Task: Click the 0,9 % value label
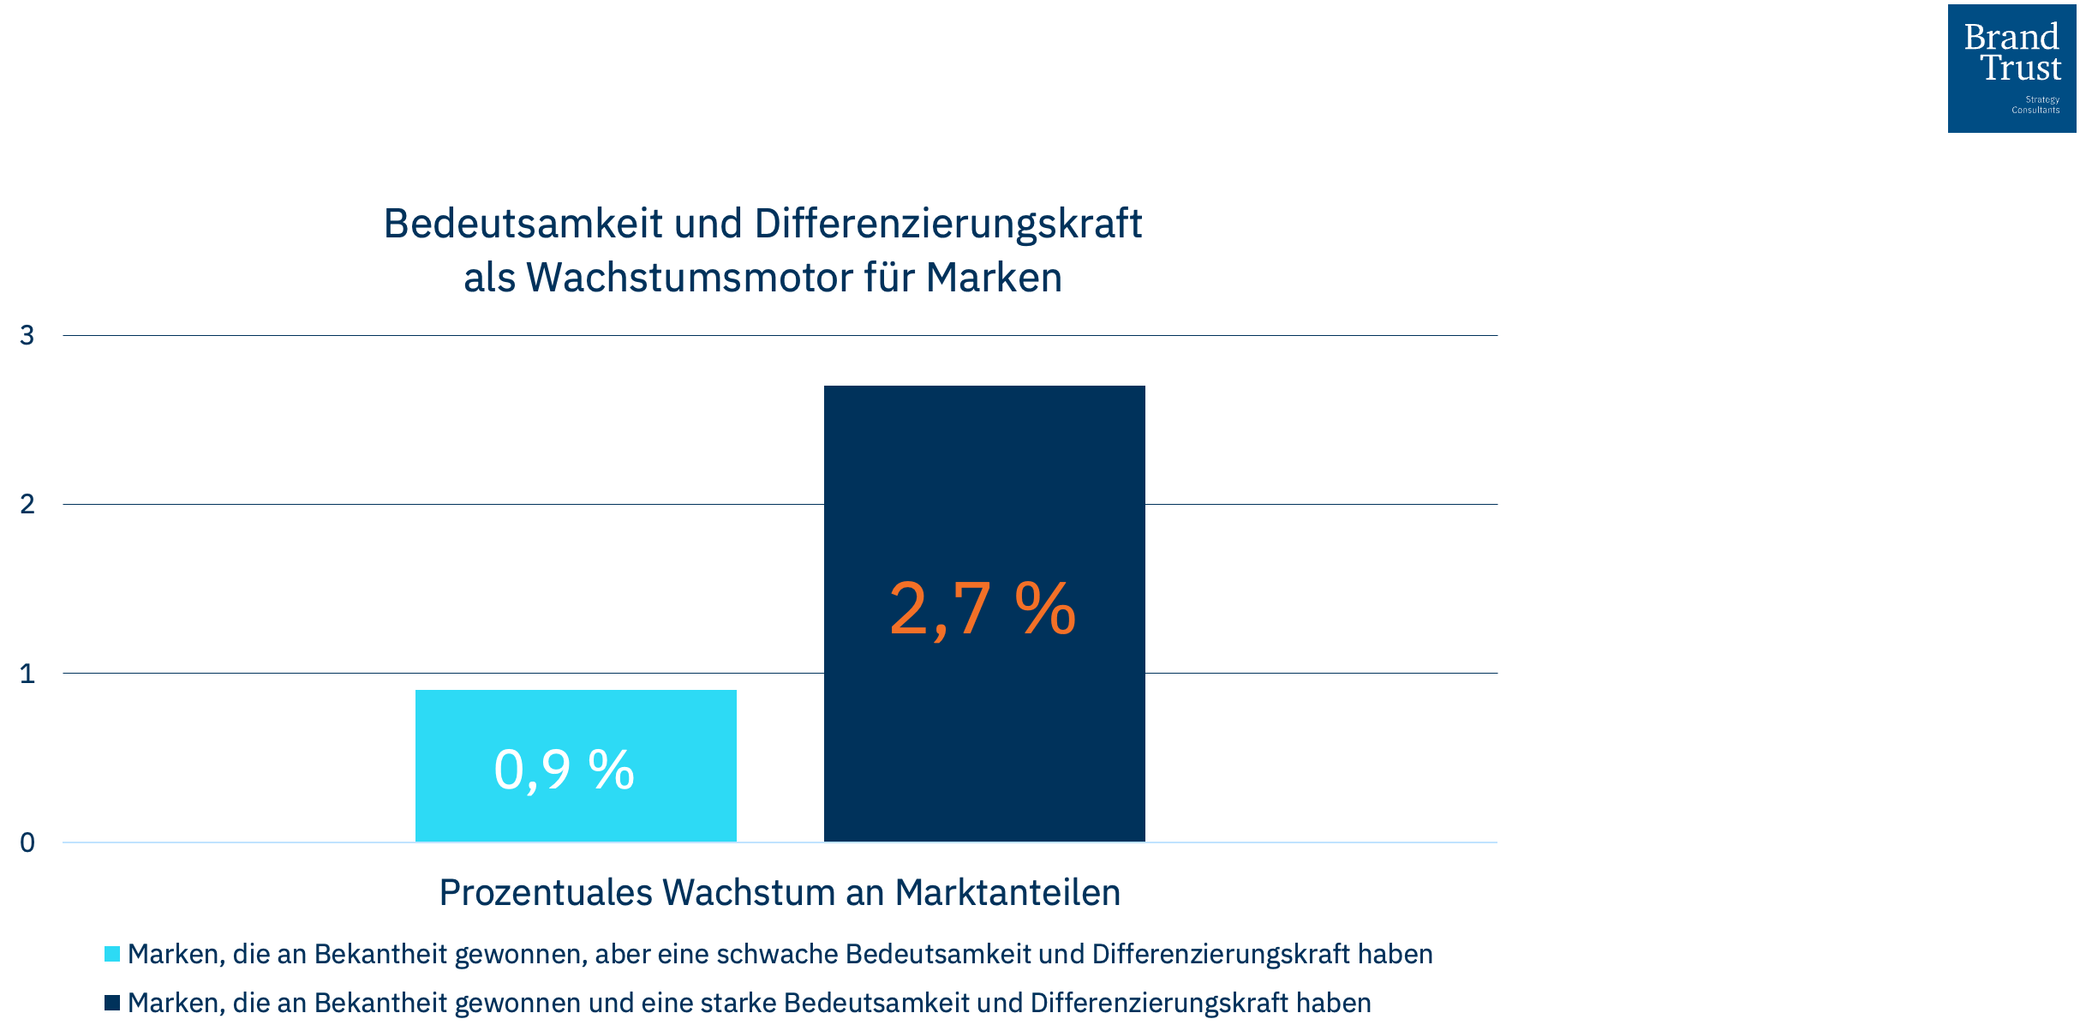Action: (564, 770)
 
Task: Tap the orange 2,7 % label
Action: (983, 609)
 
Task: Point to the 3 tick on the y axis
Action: (27, 335)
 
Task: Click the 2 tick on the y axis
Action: (27, 504)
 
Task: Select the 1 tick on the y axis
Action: (27, 674)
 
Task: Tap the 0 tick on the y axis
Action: (27, 842)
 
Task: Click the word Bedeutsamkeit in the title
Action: (523, 224)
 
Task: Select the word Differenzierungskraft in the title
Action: (947, 224)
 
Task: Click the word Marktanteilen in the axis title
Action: (1007, 892)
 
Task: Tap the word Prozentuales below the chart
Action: (546, 892)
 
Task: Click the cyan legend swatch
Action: (112, 954)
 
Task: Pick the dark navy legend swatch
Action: (112, 1003)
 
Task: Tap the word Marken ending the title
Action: (994, 278)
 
